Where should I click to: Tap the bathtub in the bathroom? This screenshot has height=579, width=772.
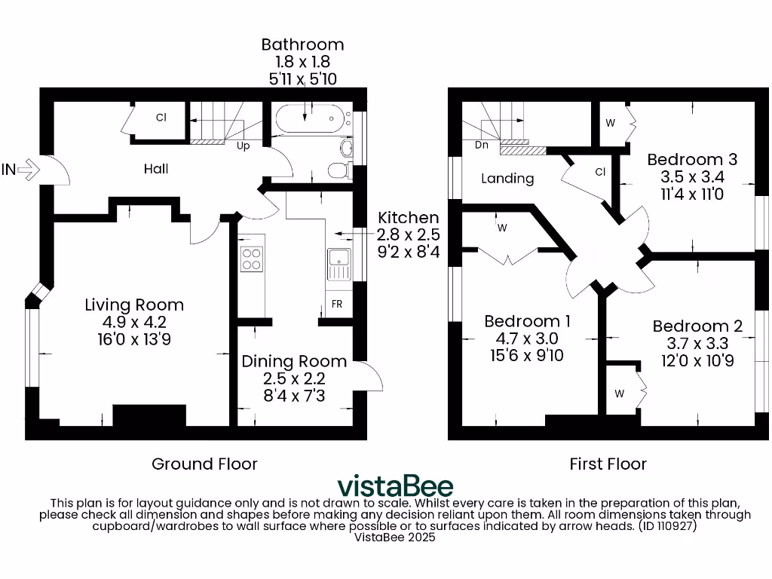(310, 119)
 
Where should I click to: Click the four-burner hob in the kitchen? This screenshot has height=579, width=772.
(252, 259)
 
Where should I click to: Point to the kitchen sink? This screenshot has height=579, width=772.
(339, 264)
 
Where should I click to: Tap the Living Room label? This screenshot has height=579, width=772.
(134, 305)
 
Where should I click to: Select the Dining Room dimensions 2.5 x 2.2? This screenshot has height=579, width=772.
(294, 378)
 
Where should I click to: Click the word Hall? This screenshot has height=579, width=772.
(156, 169)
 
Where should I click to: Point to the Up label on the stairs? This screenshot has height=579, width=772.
(244, 146)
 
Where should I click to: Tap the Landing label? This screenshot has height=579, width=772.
(508, 179)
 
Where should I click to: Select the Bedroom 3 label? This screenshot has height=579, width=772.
(692, 160)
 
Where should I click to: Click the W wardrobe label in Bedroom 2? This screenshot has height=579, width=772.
(620, 394)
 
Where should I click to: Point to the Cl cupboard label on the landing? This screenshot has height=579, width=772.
(600, 172)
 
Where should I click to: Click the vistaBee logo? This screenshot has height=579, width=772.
(395, 486)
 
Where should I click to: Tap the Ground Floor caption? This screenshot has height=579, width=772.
(204, 464)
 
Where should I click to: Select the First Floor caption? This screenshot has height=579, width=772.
(608, 464)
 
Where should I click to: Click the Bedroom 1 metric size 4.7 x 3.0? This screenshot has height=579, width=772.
(527, 338)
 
